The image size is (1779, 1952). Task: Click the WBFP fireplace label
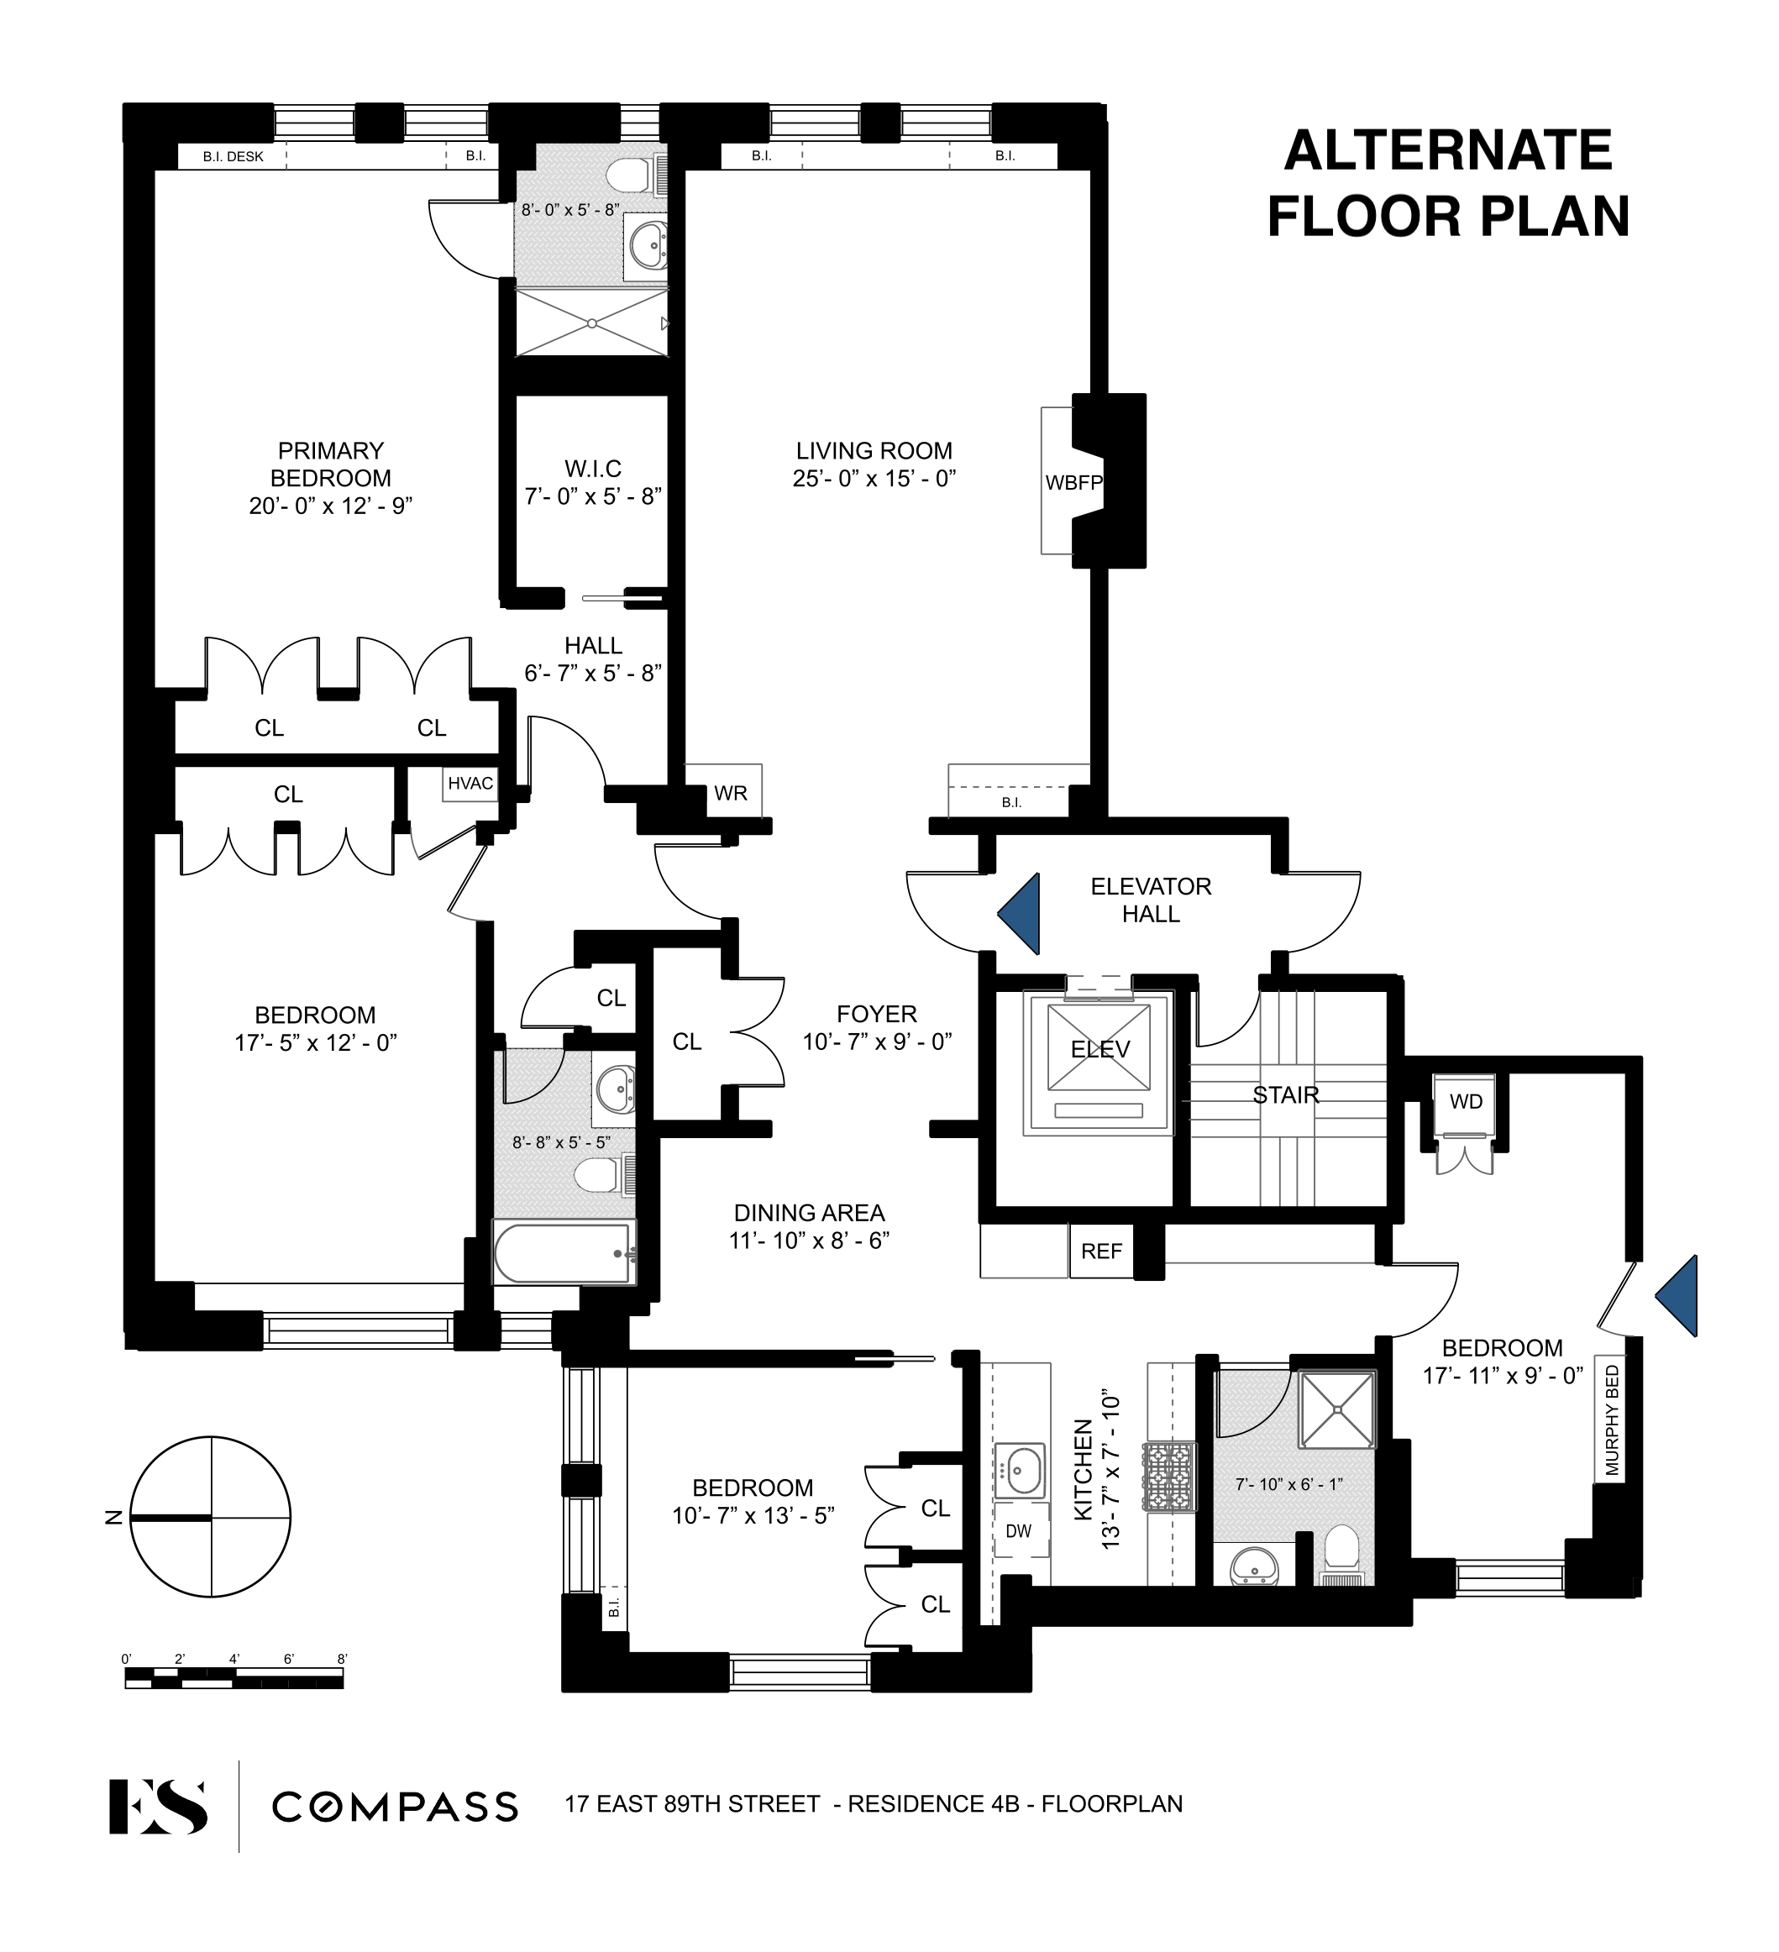(x=1073, y=481)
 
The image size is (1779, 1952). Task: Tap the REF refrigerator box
(x=1101, y=1251)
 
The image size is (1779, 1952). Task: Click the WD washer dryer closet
(x=1465, y=1102)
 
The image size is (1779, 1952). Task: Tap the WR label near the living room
(x=730, y=794)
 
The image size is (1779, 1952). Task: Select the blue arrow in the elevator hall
(x=1021, y=913)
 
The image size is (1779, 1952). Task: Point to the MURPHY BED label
(x=1610, y=1420)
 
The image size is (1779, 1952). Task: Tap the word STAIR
(x=1285, y=1095)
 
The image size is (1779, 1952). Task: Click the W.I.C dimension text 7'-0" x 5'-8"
(x=593, y=496)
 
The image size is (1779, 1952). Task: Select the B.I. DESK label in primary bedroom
(x=234, y=156)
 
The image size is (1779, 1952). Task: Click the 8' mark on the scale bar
(x=341, y=1659)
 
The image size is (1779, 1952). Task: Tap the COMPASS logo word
(x=394, y=1807)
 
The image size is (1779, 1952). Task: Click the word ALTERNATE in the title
(x=1448, y=151)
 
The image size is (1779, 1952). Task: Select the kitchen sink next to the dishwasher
(x=1020, y=1472)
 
